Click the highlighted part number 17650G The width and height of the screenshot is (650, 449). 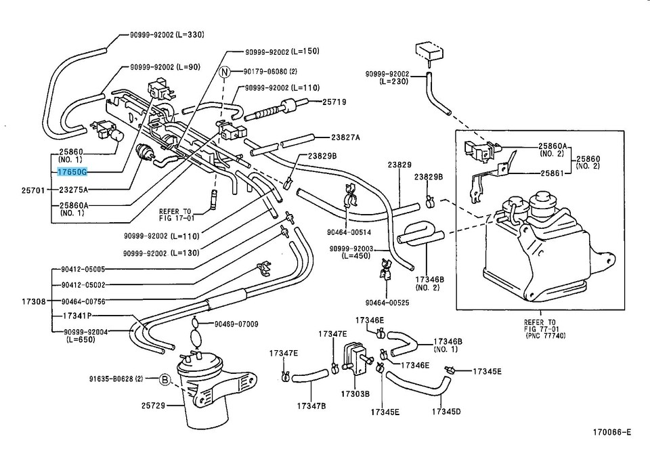(x=72, y=173)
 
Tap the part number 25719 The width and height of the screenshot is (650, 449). (x=334, y=102)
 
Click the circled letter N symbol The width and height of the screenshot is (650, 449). (x=225, y=71)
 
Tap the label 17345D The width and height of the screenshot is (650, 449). (x=447, y=412)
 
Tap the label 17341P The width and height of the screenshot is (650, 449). (x=77, y=316)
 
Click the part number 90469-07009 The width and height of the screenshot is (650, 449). (x=236, y=324)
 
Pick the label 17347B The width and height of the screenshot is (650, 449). (x=311, y=406)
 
